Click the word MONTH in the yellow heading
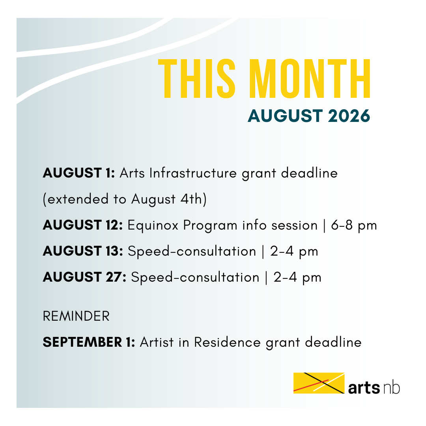click(x=310, y=78)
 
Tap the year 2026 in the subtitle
click(x=349, y=116)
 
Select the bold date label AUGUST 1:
click(x=79, y=173)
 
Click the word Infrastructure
click(x=193, y=173)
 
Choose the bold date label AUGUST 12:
click(x=83, y=225)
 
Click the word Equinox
click(x=153, y=226)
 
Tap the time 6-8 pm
click(x=354, y=226)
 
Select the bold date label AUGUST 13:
click(x=83, y=251)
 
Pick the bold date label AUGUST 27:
click(x=84, y=277)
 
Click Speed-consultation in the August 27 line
click(x=195, y=278)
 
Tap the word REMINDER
click(x=76, y=316)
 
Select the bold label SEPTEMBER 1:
click(x=89, y=342)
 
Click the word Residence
click(x=228, y=342)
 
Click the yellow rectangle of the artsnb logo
click(x=319, y=383)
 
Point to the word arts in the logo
click(x=364, y=388)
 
